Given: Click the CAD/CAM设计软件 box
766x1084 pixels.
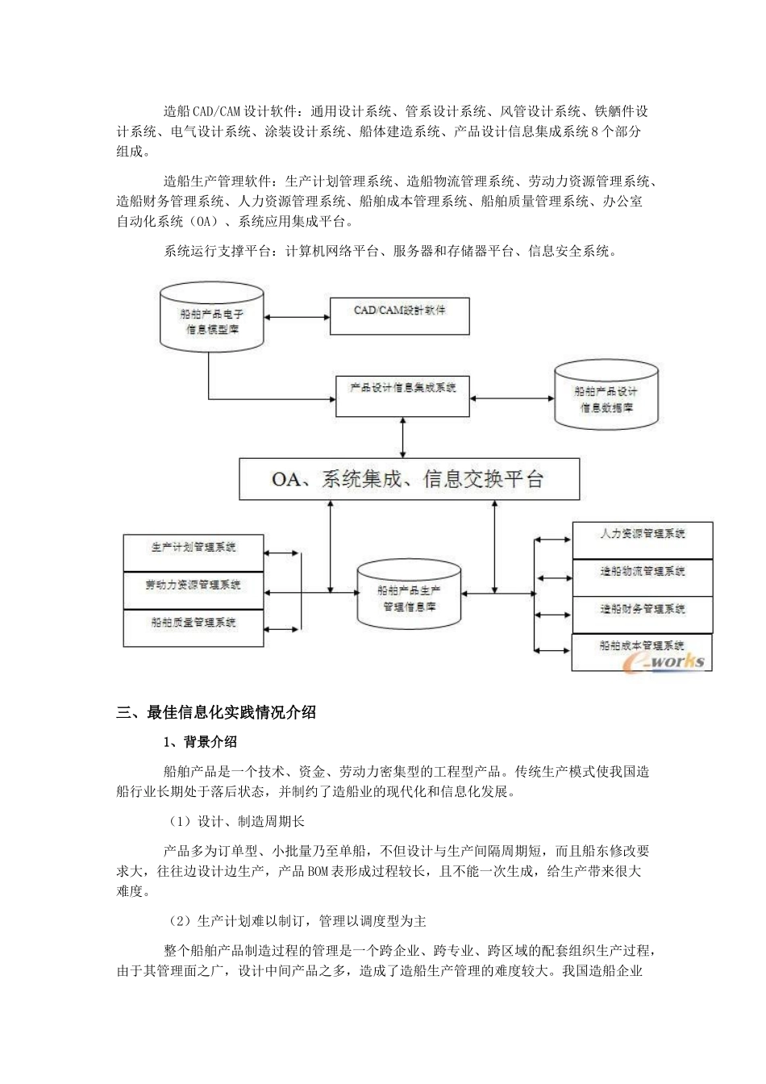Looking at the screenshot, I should (400, 316).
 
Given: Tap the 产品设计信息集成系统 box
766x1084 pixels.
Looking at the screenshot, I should (402, 395).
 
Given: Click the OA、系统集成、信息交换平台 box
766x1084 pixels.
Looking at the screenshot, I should (409, 479).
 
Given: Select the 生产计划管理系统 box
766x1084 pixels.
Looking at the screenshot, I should (194, 552).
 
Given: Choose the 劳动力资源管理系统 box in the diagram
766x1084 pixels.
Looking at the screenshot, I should (194, 590).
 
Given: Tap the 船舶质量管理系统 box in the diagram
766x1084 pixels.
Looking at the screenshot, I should (194, 627).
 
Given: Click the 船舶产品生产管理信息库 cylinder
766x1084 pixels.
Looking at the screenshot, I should (410, 598).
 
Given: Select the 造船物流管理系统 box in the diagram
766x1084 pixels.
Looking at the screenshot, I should (643, 577).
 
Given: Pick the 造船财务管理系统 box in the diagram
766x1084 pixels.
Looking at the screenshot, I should (643, 615).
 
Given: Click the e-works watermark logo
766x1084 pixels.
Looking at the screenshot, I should (666, 661).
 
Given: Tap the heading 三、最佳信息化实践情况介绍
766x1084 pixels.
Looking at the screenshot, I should (216, 712).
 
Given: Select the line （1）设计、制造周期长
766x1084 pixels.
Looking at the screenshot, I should (235, 821).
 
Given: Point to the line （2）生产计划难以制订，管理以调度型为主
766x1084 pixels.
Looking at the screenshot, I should (296, 920).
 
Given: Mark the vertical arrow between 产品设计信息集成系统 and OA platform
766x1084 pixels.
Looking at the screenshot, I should (402, 438).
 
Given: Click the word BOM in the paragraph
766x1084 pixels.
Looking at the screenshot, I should (317, 871).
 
